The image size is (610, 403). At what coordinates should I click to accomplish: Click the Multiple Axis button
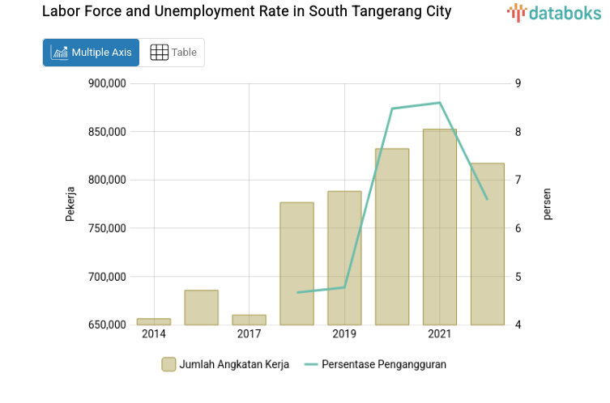coord(91,53)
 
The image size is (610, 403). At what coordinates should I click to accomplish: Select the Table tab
coord(173,53)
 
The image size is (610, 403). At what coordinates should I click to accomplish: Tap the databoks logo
coord(554,12)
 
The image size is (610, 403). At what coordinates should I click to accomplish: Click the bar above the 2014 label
coord(153,321)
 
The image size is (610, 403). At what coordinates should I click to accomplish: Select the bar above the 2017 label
coord(249,320)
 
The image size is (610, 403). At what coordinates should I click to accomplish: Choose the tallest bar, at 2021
coord(440,227)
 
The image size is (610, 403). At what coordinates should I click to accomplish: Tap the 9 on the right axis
coord(518,83)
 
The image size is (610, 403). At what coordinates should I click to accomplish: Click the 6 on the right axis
coord(518,228)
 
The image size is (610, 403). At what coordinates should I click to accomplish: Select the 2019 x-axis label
coord(344,334)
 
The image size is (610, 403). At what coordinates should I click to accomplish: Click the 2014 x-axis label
coord(153,334)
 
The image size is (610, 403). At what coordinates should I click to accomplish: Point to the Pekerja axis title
coord(70,204)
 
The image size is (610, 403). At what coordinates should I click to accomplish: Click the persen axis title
coord(547,204)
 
